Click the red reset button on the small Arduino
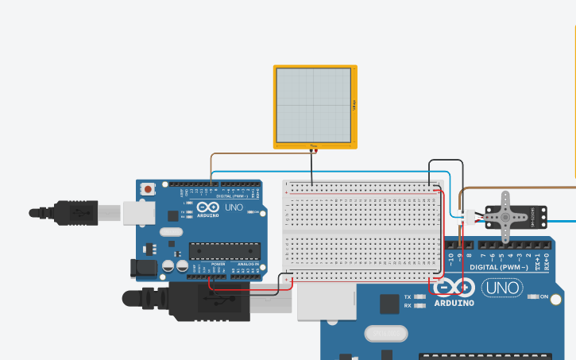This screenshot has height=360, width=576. click(148, 189)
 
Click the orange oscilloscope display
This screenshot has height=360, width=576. click(315, 106)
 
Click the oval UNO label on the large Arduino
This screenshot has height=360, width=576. click(501, 287)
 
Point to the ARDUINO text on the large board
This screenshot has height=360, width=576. click(454, 303)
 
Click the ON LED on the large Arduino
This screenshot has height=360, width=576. click(534, 296)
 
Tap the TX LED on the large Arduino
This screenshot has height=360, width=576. click(419, 296)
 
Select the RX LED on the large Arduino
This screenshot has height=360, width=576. click(419, 305)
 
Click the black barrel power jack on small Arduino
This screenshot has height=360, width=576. click(145, 267)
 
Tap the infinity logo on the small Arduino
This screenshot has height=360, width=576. click(208, 206)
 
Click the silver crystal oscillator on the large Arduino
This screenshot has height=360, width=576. click(386, 333)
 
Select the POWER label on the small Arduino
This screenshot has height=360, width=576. click(218, 264)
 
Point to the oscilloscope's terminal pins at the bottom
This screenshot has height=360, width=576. click(313, 148)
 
